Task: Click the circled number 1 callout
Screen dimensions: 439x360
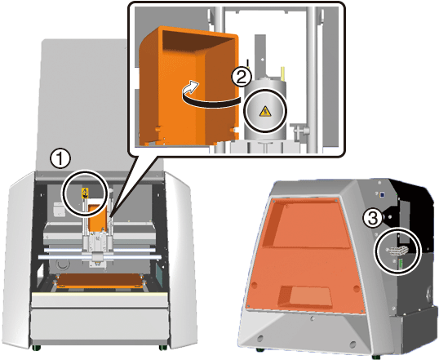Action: pyautogui.click(x=60, y=159)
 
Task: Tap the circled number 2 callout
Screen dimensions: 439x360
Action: pyautogui.click(x=242, y=77)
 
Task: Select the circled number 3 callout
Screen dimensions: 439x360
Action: pyautogui.click(x=372, y=219)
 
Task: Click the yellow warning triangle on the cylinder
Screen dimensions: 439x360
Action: pyautogui.click(x=265, y=112)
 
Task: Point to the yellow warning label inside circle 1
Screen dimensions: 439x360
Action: pyautogui.click(x=85, y=192)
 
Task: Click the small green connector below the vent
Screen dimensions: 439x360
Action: pyautogui.click(x=401, y=264)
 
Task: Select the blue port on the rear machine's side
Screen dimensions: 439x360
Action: pyautogui.click(x=381, y=193)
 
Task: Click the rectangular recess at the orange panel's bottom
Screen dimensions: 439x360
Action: pyautogui.click(x=307, y=296)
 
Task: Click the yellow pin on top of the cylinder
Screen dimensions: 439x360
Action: pyautogui.click(x=283, y=73)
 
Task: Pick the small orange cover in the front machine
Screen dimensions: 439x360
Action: pyautogui.click(x=97, y=218)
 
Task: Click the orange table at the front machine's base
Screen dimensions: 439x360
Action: pyautogui.click(x=100, y=281)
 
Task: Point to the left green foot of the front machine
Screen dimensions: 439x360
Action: pyautogui.click(x=36, y=348)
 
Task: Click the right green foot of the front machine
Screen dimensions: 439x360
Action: pyautogui.click(x=163, y=348)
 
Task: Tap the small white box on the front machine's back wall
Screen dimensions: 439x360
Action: pyautogui.click(x=60, y=209)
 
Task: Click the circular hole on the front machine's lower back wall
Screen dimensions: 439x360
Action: pyautogui.click(x=61, y=264)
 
